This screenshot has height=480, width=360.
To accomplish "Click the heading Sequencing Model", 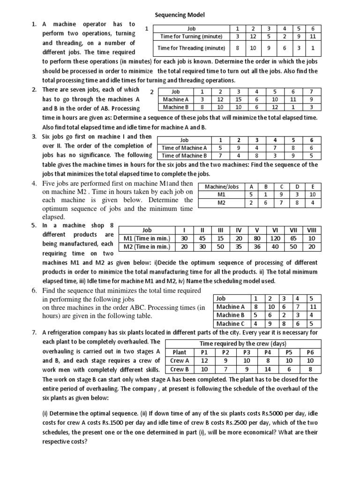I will pos(180,15).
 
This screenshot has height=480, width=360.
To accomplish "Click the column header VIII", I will pos(311,230).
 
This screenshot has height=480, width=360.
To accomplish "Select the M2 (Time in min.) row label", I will pos(147,246).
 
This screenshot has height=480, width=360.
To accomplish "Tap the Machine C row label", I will pos(231,323).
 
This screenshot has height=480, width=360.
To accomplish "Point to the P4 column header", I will pos(267,352).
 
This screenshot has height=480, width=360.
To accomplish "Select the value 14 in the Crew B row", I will pos(267,369).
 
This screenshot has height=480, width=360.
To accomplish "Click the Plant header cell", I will pos(180,352).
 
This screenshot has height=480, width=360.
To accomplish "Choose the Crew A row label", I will pos(180,360).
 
